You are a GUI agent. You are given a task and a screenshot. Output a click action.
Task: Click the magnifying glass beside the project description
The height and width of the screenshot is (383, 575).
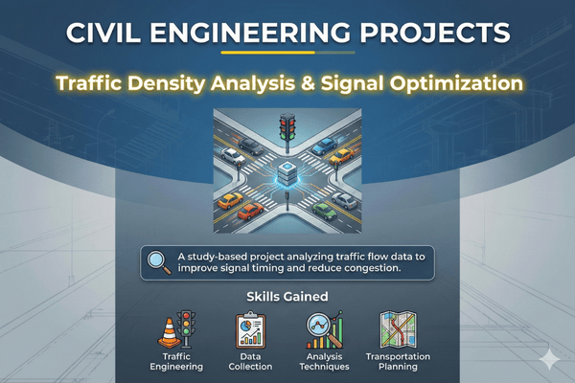(x=157, y=261)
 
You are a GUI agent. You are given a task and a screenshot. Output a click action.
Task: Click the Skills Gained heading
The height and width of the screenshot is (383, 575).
(x=287, y=298)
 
